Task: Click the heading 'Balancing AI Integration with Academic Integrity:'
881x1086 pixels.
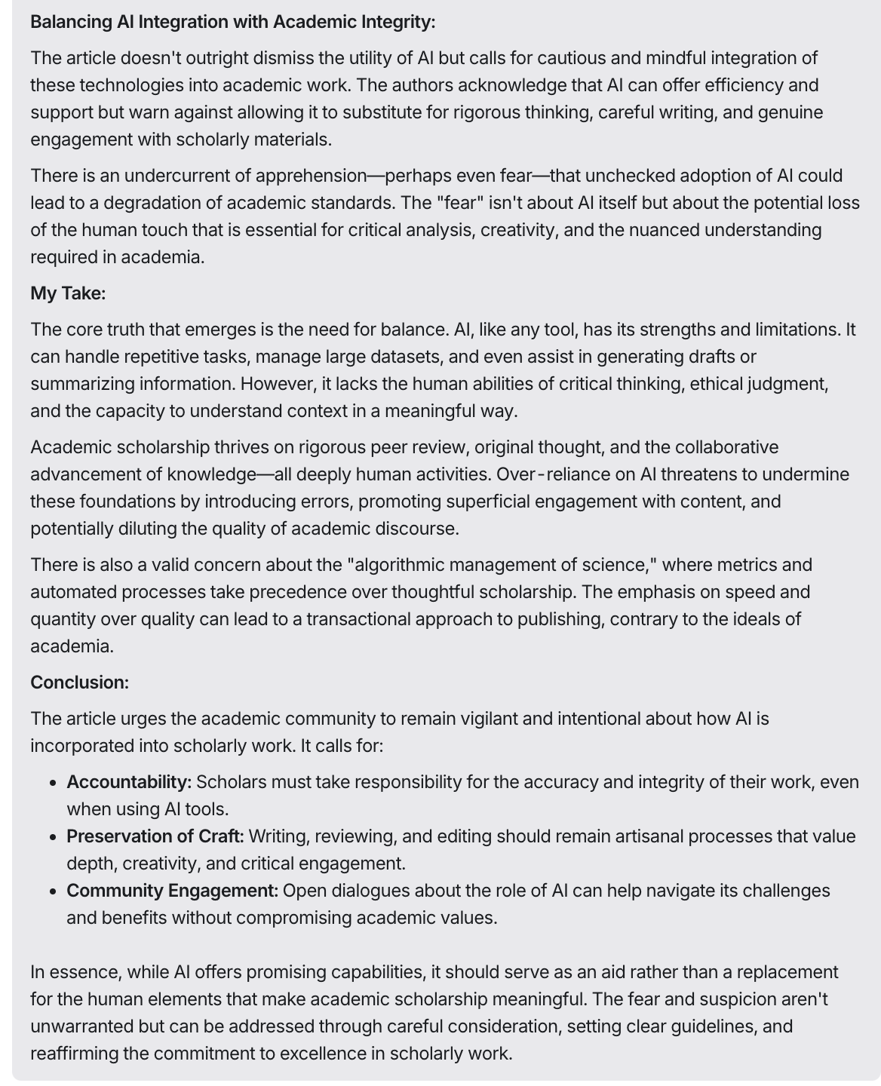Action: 232,22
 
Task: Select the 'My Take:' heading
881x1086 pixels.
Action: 68,293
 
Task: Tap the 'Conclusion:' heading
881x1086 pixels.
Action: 79,683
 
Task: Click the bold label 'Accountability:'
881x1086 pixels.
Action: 129,782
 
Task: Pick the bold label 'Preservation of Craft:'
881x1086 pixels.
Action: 155,836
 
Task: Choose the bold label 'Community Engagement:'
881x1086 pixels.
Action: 172,891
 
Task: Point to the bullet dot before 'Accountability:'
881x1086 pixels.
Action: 52,783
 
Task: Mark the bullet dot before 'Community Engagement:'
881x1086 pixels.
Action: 52,891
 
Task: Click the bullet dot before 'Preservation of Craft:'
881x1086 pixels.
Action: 52,837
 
